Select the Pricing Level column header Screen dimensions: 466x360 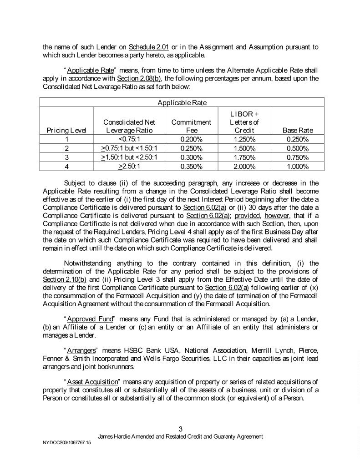click(67, 131)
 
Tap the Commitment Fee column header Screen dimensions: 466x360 click(191, 127)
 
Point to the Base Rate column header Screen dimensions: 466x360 click(298, 131)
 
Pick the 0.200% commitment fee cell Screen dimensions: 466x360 click(191, 139)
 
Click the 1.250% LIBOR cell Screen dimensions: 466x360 click(244, 139)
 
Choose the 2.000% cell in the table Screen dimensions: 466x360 click(244, 166)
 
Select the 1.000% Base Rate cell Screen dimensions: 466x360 click(298, 166)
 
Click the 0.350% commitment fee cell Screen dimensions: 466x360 click(191, 166)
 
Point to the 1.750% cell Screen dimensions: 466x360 click(244, 157)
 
